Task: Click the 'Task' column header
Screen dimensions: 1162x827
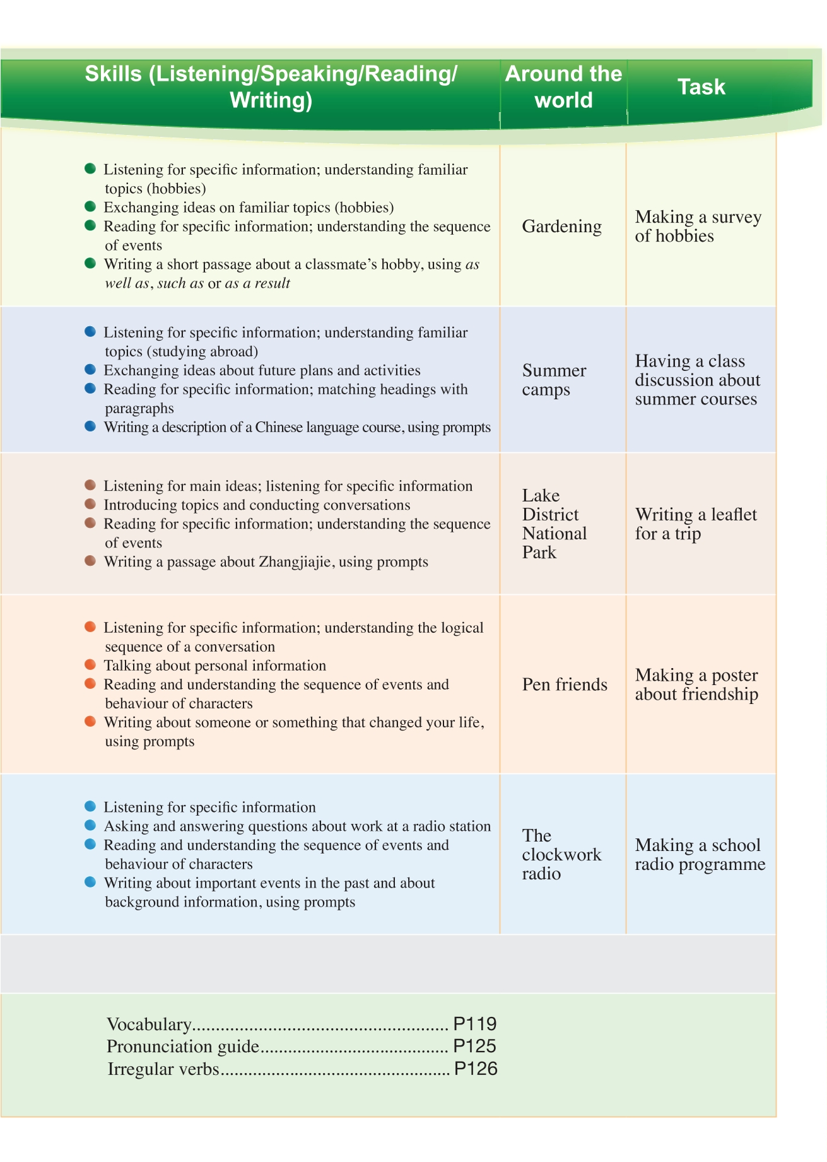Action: click(701, 87)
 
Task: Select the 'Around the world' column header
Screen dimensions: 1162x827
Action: click(563, 87)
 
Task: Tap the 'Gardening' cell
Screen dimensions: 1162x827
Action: click(561, 226)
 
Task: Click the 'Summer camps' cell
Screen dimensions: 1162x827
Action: click(554, 380)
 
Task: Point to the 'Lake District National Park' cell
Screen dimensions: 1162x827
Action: click(554, 524)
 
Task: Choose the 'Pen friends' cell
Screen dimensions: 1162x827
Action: click(565, 684)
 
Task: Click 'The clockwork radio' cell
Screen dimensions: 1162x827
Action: click(561, 854)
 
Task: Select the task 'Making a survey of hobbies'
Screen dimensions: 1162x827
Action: click(698, 226)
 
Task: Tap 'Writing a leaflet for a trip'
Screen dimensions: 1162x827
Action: click(696, 524)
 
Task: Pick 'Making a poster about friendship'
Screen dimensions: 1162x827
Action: click(696, 684)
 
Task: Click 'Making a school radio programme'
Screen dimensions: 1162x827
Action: click(700, 854)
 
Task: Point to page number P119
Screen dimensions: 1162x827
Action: click(475, 1024)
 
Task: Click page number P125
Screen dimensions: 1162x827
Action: click(475, 1046)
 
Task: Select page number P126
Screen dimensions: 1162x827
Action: click(476, 1069)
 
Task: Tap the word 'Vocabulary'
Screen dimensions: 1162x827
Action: click(149, 1024)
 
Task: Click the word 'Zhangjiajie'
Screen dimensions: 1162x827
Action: click(295, 562)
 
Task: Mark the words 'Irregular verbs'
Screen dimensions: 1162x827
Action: click(163, 1069)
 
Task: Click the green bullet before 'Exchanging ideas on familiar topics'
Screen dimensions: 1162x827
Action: click(90, 207)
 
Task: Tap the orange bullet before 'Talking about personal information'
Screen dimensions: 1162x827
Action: click(90, 665)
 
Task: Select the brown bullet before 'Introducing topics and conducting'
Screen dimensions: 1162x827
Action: click(90, 504)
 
